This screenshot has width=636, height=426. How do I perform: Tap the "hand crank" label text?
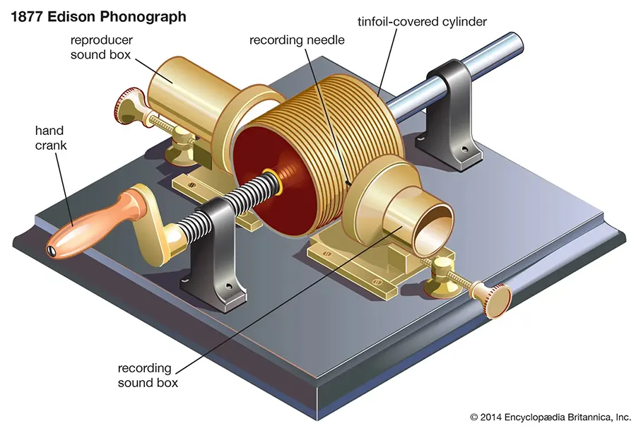tap(49, 137)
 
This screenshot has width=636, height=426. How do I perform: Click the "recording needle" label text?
tap(297, 40)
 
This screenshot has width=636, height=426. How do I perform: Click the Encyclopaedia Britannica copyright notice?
tap(550, 416)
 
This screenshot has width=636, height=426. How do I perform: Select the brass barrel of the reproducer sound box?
tap(177, 89)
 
